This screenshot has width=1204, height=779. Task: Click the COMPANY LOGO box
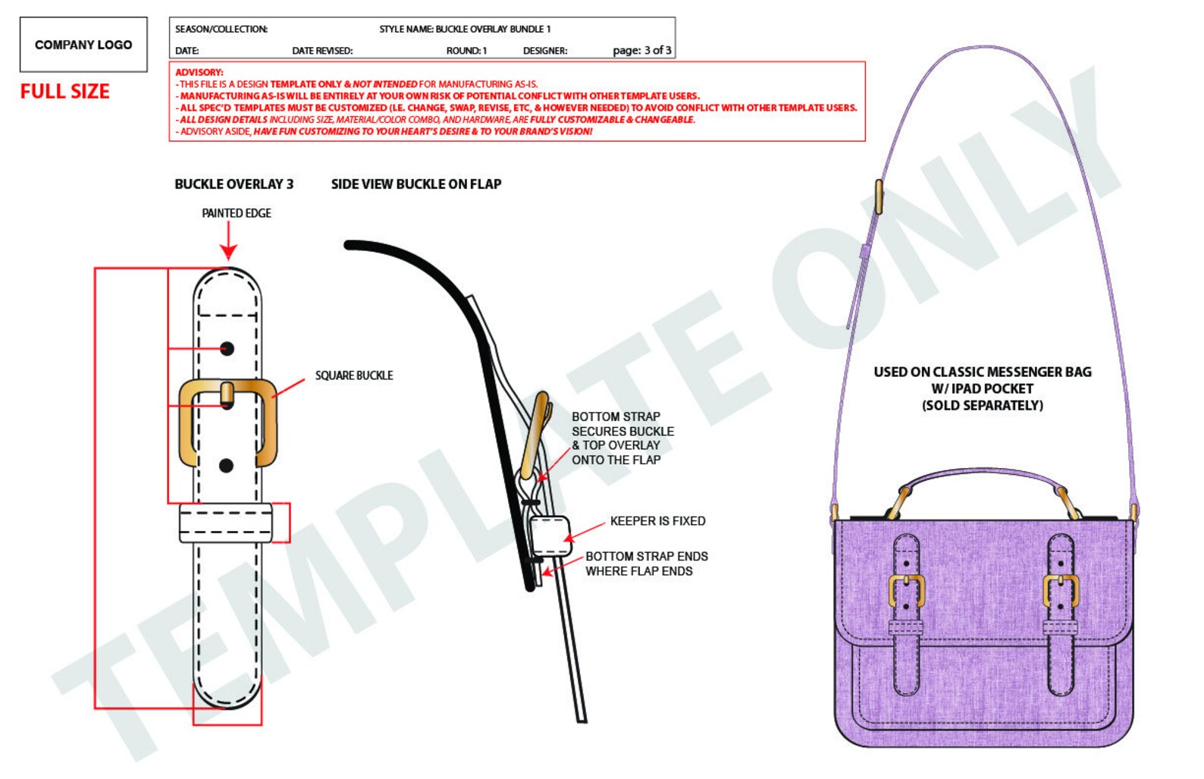[x=83, y=45]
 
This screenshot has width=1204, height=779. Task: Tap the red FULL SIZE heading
[x=65, y=91]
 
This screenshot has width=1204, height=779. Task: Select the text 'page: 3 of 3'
[x=641, y=51]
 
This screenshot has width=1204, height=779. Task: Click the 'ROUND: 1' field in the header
[x=466, y=51]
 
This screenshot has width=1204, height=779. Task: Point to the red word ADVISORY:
[x=199, y=72]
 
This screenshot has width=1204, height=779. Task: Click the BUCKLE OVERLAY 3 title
[x=234, y=184]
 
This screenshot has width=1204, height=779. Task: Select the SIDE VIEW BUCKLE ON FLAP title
[x=416, y=184]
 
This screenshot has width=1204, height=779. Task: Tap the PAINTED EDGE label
[x=237, y=213]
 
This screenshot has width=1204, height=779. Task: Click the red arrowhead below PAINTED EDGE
[x=228, y=252]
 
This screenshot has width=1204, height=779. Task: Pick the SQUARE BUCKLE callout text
[x=353, y=375]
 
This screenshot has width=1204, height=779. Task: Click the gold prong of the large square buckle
[x=227, y=394]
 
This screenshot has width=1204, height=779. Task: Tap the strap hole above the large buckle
[x=227, y=349]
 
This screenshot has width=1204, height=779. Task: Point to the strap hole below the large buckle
[x=226, y=466]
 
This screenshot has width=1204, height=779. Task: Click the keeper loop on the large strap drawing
[x=226, y=523]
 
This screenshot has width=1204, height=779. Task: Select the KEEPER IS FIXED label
[x=657, y=521]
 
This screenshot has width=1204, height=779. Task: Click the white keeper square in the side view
[x=550, y=536]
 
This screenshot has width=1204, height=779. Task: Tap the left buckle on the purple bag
[x=906, y=591]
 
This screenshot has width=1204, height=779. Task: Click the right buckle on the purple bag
[x=1061, y=591]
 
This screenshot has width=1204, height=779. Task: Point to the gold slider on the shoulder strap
[x=879, y=196]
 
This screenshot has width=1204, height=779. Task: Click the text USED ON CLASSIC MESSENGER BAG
[x=983, y=372]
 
